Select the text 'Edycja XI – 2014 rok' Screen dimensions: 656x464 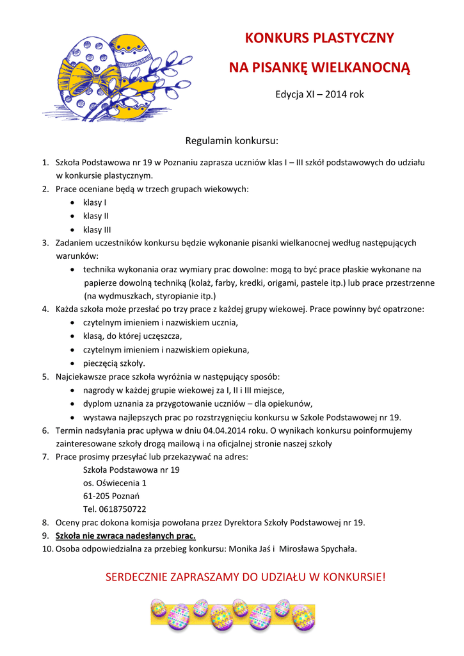319,94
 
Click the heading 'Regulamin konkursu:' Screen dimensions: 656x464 232,140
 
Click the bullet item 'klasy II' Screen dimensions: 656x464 96,216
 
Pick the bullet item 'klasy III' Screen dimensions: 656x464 97,229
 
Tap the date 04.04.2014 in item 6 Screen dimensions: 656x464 225,430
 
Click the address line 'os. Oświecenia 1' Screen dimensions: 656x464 115,483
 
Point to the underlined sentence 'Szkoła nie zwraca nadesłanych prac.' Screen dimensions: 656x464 126,536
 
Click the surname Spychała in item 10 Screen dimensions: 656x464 336,549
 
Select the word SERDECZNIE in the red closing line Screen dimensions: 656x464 136,578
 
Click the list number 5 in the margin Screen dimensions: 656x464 45,377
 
